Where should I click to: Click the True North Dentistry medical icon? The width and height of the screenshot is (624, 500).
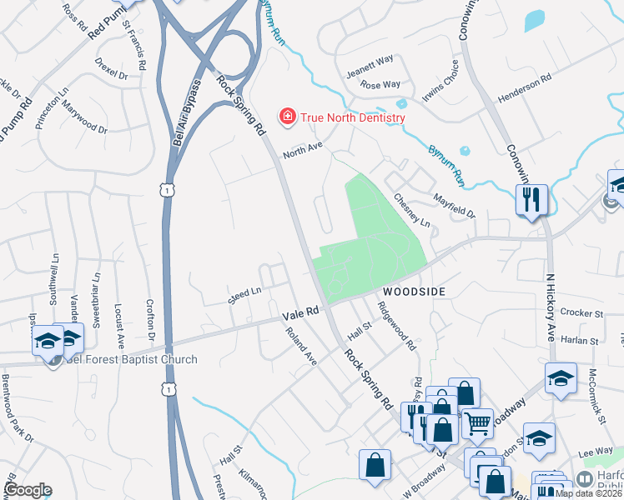pyautogui.click(x=287, y=117)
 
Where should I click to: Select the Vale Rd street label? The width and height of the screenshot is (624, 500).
pyautogui.click(x=301, y=312)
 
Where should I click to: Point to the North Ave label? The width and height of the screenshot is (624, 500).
pyautogui.click(x=302, y=150)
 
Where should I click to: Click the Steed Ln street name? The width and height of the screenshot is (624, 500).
pyautogui.click(x=245, y=295)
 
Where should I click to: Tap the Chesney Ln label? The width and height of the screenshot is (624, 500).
pyautogui.click(x=412, y=212)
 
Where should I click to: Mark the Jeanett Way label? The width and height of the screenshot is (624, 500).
pyautogui.click(x=370, y=65)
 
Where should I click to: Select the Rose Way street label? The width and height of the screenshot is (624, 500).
pyautogui.click(x=380, y=85)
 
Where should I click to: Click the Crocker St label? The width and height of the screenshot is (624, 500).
pyautogui.click(x=581, y=313)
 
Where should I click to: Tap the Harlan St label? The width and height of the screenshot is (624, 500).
pyautogui.click(x=581, y=341)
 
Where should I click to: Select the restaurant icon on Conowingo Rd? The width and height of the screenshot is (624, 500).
pyautogui.click(x=531, y=201)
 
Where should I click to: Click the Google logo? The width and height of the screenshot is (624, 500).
pyautogui.click(x=28, y=490)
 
